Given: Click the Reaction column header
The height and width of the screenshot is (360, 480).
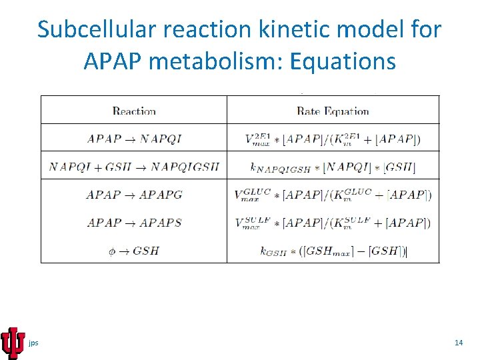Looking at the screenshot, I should (134, 111).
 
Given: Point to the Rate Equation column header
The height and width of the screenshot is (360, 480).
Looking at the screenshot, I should (333, 111).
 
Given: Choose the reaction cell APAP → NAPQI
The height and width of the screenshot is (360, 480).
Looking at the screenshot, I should (134, 139).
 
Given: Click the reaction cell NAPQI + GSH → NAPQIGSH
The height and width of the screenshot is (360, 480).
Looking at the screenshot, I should (134, 167).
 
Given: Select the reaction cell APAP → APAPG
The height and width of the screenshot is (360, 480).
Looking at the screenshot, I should (134, 195).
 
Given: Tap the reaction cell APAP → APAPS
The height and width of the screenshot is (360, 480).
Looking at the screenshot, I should (134, 223).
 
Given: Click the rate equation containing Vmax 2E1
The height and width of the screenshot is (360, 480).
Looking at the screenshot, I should (333, 139).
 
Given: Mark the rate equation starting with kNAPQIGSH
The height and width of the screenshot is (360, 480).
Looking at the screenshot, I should (333, 167).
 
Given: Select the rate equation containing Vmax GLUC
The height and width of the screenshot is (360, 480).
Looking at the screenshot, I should (333, 195).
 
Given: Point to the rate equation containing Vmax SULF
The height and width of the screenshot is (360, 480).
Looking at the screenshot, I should (333, 223).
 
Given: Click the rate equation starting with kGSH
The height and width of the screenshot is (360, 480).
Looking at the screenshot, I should (333, 251).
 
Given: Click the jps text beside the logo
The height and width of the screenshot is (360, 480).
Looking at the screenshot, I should (33, 343).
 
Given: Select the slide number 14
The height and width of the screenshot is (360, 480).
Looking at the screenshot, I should (458, 343).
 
